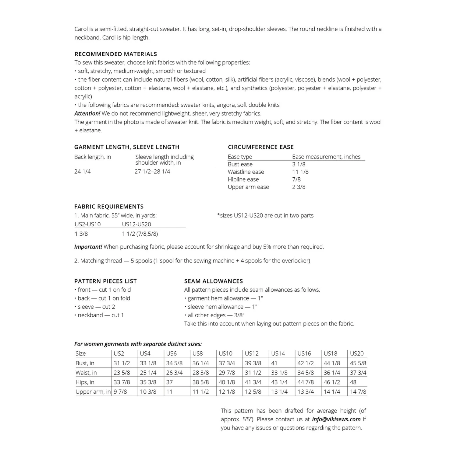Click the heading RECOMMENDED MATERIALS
116,54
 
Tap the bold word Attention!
87,113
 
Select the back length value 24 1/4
83,172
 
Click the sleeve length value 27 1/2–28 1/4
152,172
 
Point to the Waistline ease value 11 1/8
300,172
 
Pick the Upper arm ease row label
248,187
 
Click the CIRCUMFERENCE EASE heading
261,147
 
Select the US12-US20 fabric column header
136,225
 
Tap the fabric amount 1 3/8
81,234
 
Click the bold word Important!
88,247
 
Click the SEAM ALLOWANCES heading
214,281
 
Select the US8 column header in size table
198,353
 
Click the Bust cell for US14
274,363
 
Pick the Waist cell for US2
122,373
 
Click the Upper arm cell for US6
169,392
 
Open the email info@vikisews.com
336,419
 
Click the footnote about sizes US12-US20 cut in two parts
265,216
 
